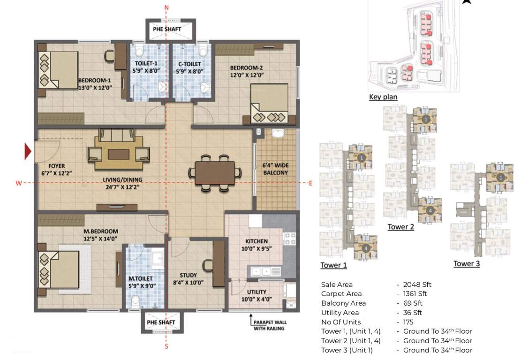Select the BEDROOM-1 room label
pos(95,83)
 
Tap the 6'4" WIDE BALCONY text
pos(275,169)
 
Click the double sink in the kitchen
pos(265,271)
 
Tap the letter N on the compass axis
pos(167,7)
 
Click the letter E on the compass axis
pos(310,183)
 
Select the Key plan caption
pos(383,97)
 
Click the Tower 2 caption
pos(400,227)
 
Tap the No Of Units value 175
pos(409,322)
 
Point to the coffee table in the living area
pos(115,154)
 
